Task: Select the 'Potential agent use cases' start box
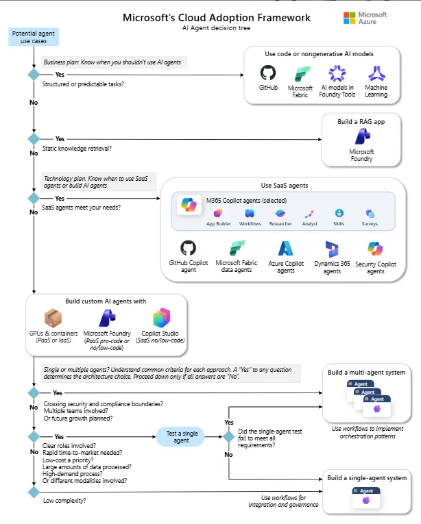point(33,37)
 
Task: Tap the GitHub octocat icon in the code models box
point(268,73)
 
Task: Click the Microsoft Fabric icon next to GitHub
point(300,73)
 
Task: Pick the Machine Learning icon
point(376,73)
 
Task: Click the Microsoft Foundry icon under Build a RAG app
point(361,136)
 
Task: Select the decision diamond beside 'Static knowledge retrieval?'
point(33,139)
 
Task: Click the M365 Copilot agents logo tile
point(188,204)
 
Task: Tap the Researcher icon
point(280,214)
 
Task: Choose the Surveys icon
point(370,214)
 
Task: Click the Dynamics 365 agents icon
point(331,249)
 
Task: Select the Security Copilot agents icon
point(375,249)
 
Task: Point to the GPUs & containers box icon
point(53,317)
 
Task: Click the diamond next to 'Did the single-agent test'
point(228,436)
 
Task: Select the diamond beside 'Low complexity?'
point(33,491)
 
